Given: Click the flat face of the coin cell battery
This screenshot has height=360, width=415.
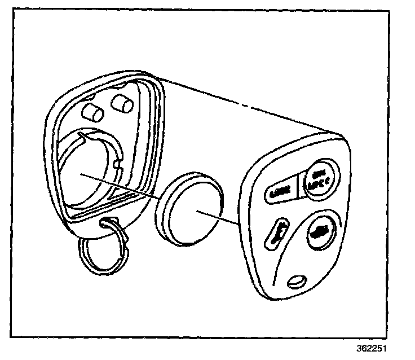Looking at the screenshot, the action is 197,213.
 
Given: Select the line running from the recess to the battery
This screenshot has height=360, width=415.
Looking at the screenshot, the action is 124,186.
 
